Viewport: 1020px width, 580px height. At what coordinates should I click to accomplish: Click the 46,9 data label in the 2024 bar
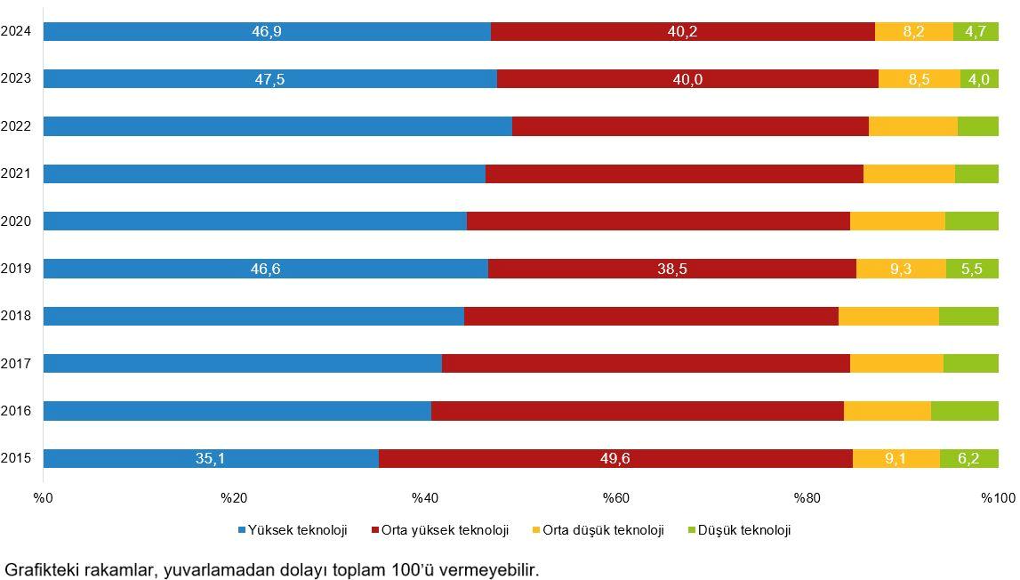[x=267, y=32]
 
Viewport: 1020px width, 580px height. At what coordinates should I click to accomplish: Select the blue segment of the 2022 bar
[x=277, y=126]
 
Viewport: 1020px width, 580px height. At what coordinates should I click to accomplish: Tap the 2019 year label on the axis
[x=16, y=268]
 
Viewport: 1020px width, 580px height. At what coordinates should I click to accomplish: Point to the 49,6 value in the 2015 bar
[x=614, y=459]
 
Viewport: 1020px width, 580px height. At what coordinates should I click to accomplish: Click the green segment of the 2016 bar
[x=964, y=411]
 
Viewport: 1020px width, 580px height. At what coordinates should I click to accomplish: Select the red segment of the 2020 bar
[x=658, y=222]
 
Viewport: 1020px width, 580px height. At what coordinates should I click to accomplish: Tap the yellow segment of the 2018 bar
[x=888, y=316]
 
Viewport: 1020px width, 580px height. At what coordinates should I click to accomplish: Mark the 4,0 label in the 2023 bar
[x=979, y=79]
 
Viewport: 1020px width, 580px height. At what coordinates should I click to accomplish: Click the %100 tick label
[x=997, y=497]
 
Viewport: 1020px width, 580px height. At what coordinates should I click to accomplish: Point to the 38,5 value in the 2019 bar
[x=672, y=269]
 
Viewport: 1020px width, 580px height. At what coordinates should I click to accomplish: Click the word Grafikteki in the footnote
[x=39, y=569]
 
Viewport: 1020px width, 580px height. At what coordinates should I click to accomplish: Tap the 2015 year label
[x=16, y=458]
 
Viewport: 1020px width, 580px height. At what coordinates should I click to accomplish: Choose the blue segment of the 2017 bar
[x=242, y=363]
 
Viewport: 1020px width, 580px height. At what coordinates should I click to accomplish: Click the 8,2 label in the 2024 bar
[x=913, y=32]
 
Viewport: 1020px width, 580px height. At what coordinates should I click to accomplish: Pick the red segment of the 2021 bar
[x=674, y=173]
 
